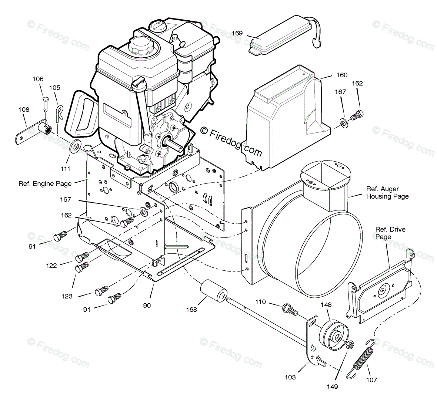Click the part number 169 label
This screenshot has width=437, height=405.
coord(237,33)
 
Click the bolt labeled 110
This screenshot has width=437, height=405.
coord(289,309)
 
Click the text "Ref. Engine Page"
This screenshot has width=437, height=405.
coord(45,183)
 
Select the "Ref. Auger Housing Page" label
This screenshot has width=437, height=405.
coord(387,192)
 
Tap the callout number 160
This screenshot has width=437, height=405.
coord(341,75)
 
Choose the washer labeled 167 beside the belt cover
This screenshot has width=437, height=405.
coord(344,122)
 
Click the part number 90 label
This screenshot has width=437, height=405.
coord(147,306)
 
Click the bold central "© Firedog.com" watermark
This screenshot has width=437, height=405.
coord(231,141)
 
